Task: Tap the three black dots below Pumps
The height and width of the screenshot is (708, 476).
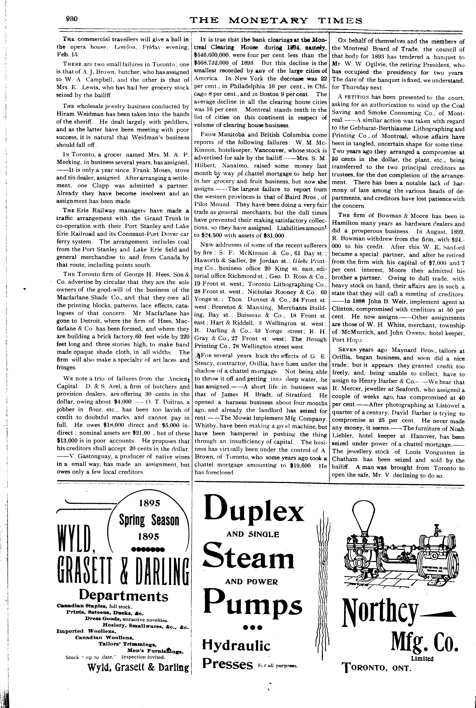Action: (253, 628)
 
